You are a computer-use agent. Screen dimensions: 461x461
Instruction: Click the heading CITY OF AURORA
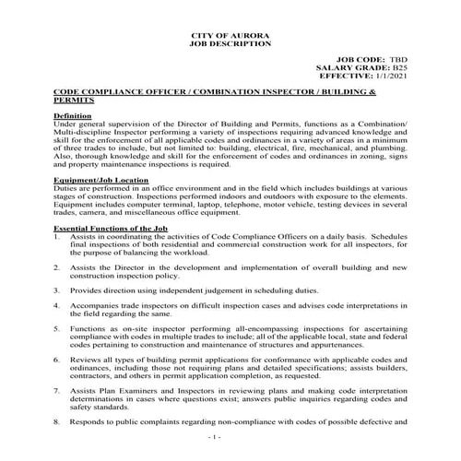pyautogui.click(x=230, y=34)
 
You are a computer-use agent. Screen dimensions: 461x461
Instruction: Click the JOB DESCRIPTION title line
pyautogui.click(x=230, y=43)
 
